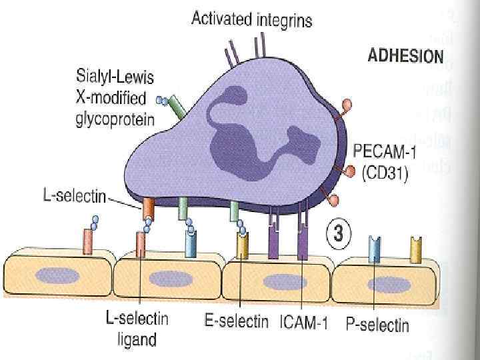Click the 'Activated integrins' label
(x=251, y=20)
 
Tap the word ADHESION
(x=405, y=55)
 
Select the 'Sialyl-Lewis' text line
(x=115, y=79)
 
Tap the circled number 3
(x=338, y=235)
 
